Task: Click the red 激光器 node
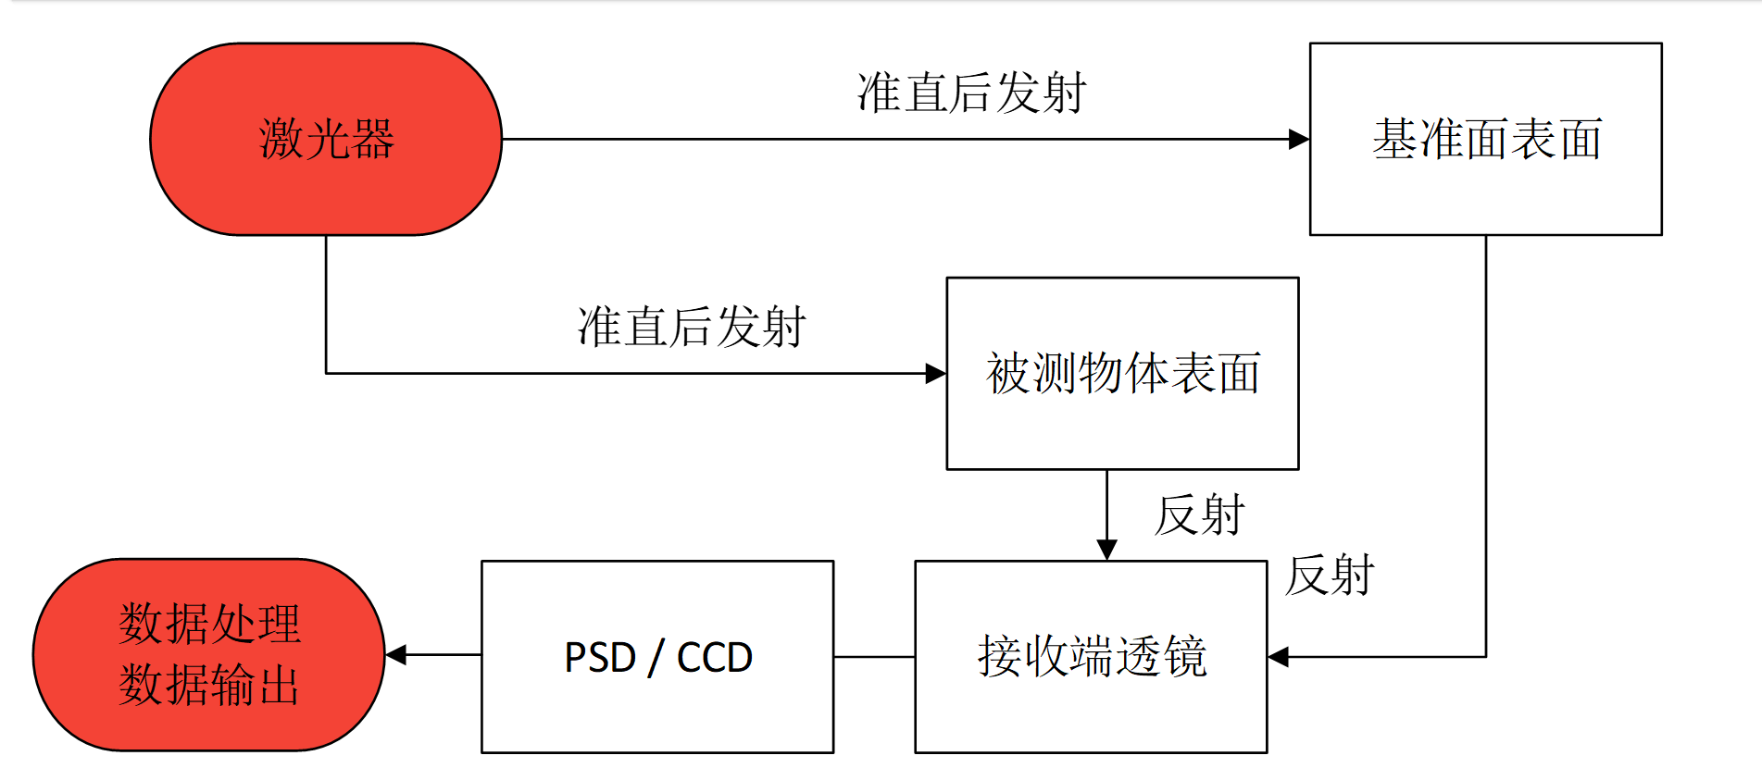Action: pos(326,140)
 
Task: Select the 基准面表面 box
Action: pos(1485,140)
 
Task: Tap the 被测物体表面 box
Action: pos(1122,374)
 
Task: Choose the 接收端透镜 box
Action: pos(1091,657)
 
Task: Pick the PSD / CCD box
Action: pos(657,657)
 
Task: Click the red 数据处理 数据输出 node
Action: pos(209,655)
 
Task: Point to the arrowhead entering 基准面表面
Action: pos(1299,140)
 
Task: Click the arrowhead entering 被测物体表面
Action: pos(936,374)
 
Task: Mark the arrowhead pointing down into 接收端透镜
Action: pos(1106,551)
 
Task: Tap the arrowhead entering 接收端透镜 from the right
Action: pos(1279,657)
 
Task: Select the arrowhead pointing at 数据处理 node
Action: pos(396,655)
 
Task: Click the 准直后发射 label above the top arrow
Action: pos(971,93)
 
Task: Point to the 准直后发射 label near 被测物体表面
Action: pos(692,328)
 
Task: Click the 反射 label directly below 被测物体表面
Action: pos(1200,515)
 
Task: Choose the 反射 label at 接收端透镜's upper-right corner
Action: pos(1330,576)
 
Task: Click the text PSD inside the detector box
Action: pos(600,658)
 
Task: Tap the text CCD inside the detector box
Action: pos(714,658)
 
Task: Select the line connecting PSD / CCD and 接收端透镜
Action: pos(874,657)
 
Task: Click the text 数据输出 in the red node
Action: pos(209,686)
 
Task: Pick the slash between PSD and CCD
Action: pos(656,658)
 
